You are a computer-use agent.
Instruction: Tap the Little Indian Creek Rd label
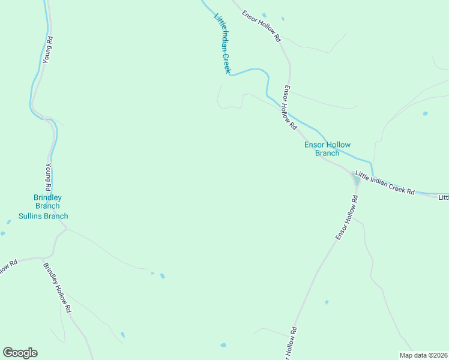tap(385, 183)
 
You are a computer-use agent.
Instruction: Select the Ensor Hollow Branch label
tap(327, 149)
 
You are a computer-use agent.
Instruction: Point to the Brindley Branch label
tap(47, 202)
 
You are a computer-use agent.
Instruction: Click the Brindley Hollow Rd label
tap(58, 287)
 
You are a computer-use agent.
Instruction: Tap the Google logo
tap(20, 353)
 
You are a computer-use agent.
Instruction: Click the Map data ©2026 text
tap(423, 355)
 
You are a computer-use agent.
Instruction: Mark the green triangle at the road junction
tap(357, 179)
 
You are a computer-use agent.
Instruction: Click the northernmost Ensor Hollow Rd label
tap(262, 25)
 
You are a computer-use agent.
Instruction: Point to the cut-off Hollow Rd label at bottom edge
tap(292, 343)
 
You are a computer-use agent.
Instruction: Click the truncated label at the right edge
tap(443, 197)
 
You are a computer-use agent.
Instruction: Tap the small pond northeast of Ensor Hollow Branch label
tap(425, 113)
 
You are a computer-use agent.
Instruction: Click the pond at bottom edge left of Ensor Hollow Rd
tap(223, 345)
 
